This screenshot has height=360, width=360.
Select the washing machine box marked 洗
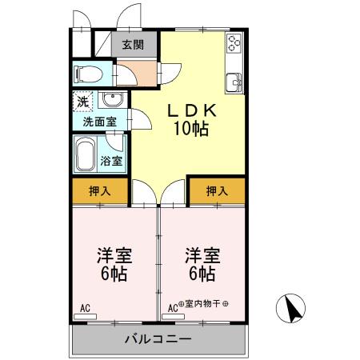83,102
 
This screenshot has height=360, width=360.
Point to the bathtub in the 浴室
86,153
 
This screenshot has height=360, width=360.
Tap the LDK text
189,111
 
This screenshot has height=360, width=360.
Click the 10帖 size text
190,130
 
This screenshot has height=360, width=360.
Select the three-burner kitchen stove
234,45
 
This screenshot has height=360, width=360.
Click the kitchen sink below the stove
235,80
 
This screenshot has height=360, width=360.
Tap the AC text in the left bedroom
86,307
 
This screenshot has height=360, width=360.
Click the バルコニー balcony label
158,339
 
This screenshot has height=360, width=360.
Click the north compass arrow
294,307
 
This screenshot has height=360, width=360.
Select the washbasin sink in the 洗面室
113,101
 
